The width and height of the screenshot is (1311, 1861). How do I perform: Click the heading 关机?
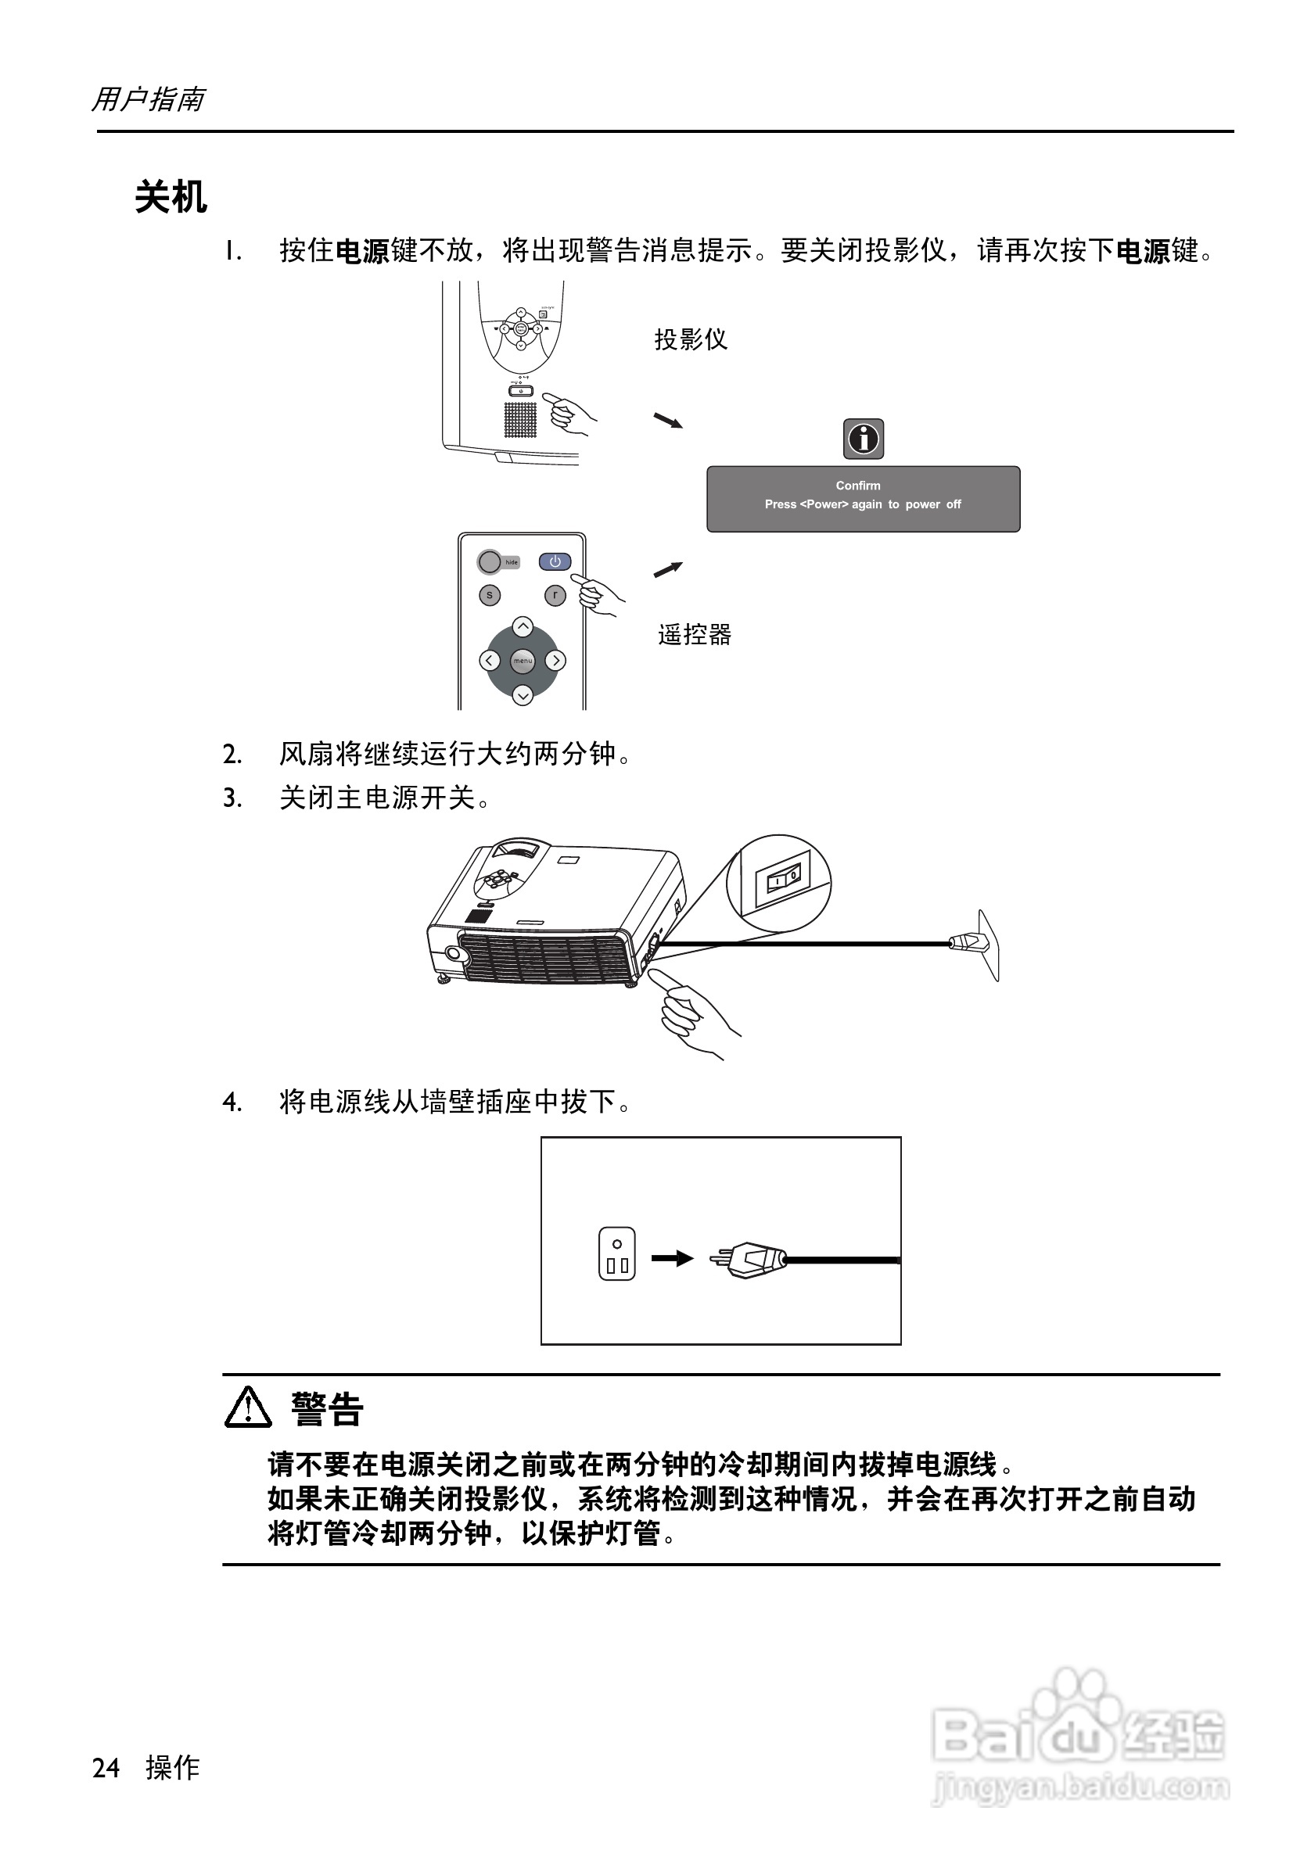171,197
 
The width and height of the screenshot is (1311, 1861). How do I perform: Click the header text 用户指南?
148,99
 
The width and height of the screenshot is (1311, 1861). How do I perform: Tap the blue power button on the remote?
555,561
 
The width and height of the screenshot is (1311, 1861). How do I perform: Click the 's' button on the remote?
489,595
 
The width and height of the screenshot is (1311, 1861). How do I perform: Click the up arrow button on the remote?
523,626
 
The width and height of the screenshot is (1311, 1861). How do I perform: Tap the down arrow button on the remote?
523,694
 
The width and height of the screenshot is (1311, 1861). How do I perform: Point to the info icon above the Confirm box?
864,439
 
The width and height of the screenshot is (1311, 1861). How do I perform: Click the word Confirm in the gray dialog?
858,486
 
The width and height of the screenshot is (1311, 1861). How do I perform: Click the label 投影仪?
691,339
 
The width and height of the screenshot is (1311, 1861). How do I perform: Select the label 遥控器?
695,634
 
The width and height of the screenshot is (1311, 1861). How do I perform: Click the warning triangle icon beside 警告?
247,1408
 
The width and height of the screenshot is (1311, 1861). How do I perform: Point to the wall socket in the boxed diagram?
616,1254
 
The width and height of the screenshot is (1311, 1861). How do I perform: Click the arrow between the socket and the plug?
672,1259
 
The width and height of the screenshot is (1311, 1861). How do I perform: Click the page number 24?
106,1768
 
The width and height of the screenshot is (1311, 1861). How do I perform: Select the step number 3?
232,798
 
